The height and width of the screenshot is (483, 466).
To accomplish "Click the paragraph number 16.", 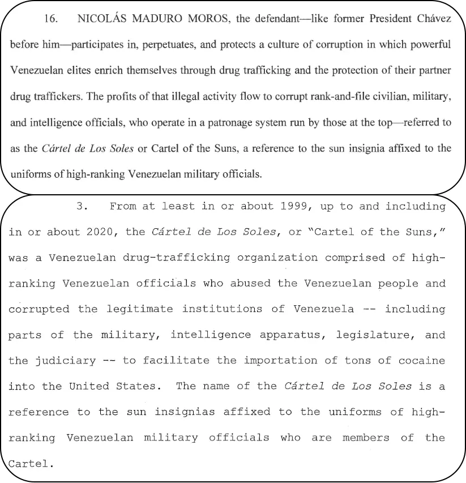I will coord(50,19).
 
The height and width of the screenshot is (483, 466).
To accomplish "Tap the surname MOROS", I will coord(205,19).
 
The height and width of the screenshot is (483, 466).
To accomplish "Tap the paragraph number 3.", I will coord(82,206).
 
